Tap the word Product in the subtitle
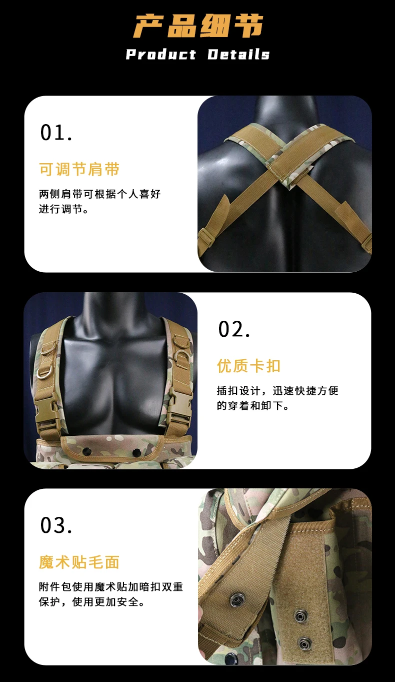click(161, 55)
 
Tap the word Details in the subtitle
click(238, 55)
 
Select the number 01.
click(56, 133)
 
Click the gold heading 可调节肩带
click(79, 169)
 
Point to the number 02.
click(234, 329)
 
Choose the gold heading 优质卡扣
click(248, 366)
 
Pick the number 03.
click(56, 525)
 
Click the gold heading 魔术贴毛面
click(79, 562)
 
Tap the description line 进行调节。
click(63, 209)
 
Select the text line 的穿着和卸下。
click(253, 405)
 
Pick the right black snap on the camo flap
click(136, 451)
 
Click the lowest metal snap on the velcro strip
click(304, 642)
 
